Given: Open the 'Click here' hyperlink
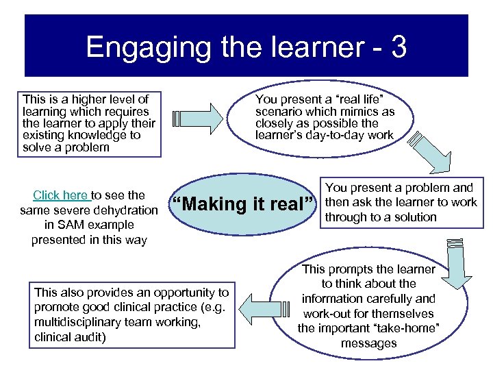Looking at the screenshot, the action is [60, 195].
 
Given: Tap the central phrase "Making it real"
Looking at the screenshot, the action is [244, 204].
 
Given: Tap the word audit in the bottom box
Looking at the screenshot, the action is [94, 337].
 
